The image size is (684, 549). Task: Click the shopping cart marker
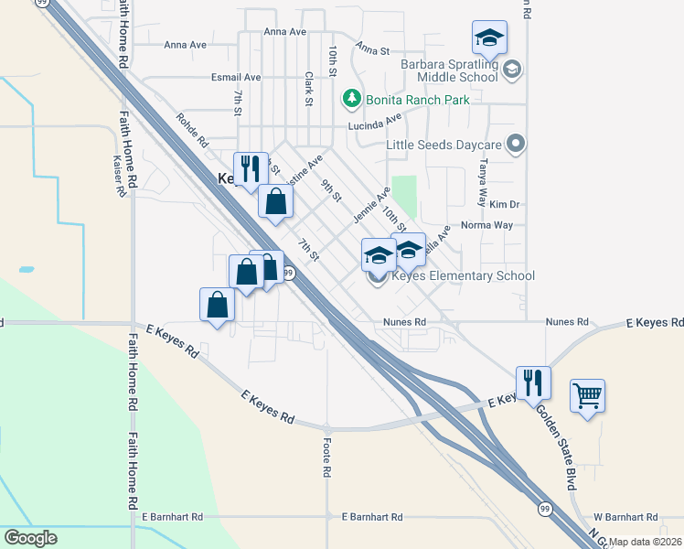587,396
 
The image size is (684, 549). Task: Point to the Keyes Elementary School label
463,276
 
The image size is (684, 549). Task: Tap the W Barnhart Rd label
626,517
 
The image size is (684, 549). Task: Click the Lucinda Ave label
374,123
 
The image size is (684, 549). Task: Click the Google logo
30,538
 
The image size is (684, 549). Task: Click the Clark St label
309,89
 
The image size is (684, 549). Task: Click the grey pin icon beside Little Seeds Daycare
517,144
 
